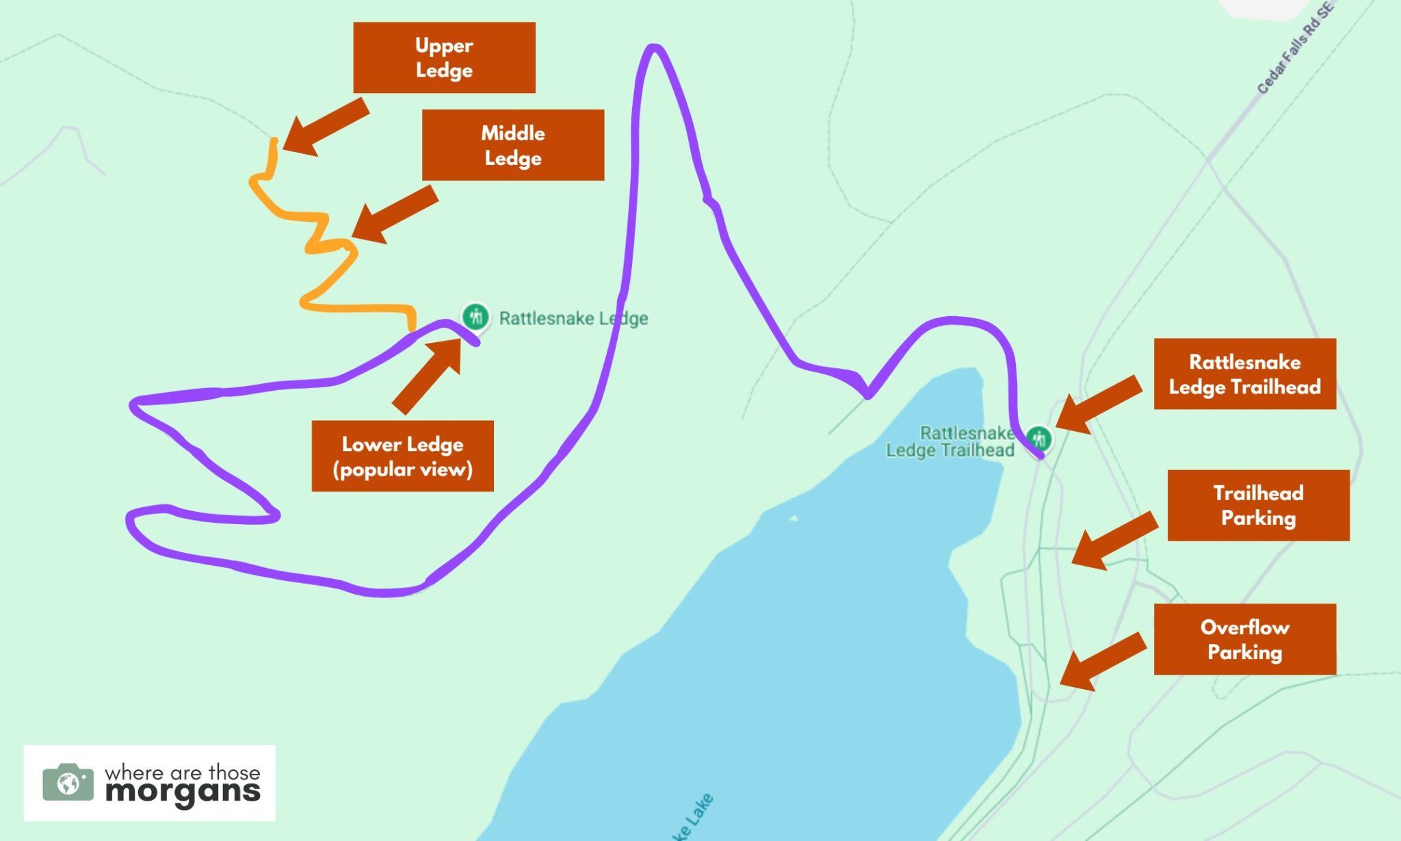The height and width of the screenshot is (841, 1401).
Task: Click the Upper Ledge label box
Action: [x=444, y=57]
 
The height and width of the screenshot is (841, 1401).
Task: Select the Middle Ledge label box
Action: [x=512, y=145]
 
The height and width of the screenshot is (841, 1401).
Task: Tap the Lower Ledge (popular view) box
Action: [x=402, y=456]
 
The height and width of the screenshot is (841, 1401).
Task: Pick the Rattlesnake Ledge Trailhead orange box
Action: [x=1244, y=374]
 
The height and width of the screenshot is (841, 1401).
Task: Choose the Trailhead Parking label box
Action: [x=1258, y=505]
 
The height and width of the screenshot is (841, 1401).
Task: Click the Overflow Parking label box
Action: [x=1244, y=639]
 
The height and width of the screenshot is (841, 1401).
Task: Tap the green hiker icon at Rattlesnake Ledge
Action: [x=475, y=317]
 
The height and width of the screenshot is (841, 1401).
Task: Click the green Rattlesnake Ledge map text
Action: [x=573, y=318]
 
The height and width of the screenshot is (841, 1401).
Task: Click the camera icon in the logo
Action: [x=68, y=783]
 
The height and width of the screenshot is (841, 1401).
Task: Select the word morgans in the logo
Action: [x=183, y=792]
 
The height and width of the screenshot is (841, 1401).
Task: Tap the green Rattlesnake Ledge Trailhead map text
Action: [x=952, y=441]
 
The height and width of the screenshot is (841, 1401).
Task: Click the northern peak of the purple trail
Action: [x=654, y=48]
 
